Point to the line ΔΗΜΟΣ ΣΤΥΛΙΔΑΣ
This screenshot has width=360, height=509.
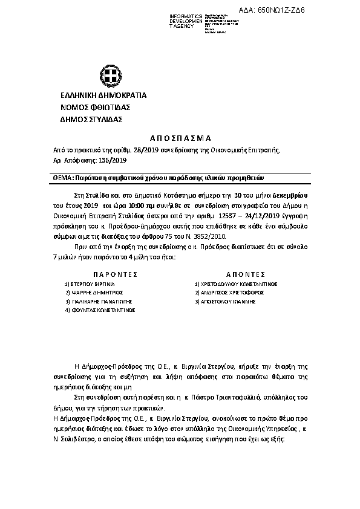click(91, 120)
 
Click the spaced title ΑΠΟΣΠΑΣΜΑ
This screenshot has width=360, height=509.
click(179, 138)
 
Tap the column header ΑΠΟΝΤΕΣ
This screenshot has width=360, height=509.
click(241, 274)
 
